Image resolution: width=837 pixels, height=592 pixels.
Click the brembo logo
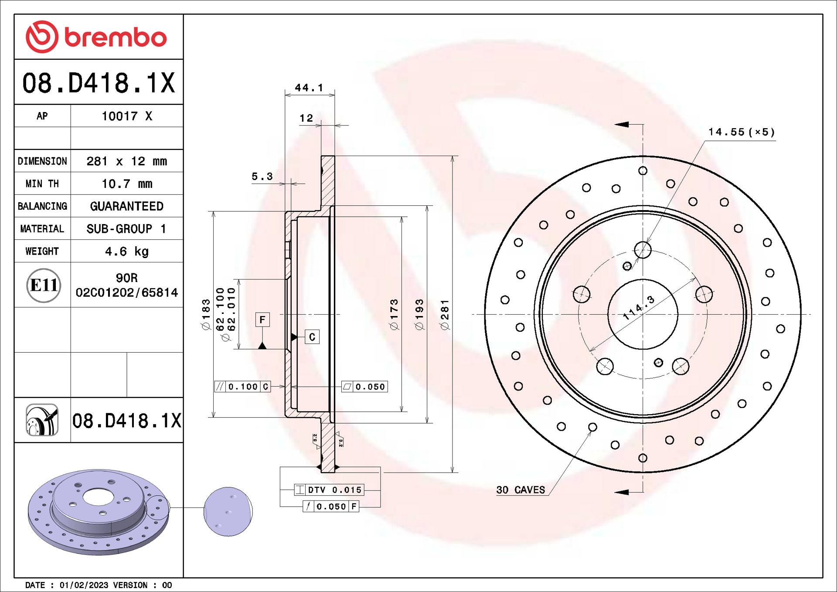tap(96, 37)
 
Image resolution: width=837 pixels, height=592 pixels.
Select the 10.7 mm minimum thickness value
tap(126, 184)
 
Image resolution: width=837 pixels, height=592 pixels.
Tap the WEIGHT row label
tap(42, 252)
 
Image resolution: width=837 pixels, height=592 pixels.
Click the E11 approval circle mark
tap(43, 286)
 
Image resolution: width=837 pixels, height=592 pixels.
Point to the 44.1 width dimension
tap(309, 88)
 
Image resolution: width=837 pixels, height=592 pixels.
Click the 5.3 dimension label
tap(262, 177)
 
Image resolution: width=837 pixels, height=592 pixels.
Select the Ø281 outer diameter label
tap(445, 315)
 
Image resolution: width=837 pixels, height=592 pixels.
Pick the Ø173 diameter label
tap(394, 315)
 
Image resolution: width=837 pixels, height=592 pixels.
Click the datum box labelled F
tap(262, 320)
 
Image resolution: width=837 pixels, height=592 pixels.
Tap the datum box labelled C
tap(312, 337)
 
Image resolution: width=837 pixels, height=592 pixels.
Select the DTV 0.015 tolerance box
tap(330, 490)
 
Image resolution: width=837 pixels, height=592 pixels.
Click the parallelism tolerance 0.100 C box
tap(243, 387)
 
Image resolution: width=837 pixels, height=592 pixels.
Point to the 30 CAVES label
tap(521, 490)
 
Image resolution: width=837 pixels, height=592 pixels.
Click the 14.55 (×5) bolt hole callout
tap(741, 132)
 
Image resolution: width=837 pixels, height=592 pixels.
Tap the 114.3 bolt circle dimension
tap(639, 307)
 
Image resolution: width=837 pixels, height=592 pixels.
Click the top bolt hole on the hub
tap(643, 250)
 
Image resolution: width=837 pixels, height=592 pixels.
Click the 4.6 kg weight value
tap(126, 252)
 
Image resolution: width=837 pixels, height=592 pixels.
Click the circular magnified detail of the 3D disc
tap(228, 511)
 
